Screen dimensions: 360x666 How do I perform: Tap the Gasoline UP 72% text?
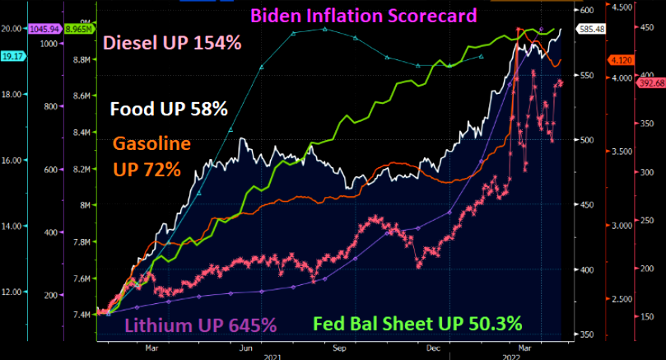pyautogui.click(x=152, y=157)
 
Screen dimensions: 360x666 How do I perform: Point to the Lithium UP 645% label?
pyautogui.click(x=200, y=325)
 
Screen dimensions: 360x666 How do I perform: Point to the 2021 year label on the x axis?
pyautogui.click(x=272, y=355)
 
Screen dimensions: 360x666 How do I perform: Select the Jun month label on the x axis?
pyautogui.click(x=245, y=348)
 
